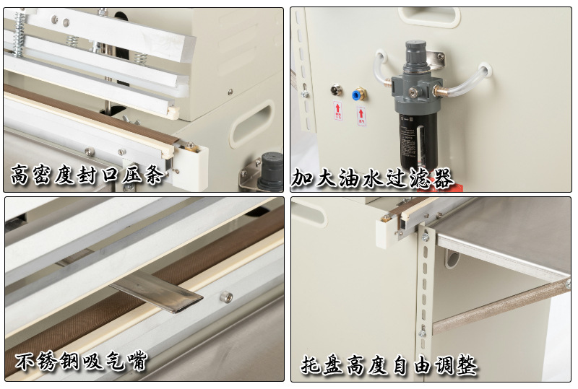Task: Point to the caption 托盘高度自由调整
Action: pos(389,364)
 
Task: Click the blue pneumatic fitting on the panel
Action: pos(358,94)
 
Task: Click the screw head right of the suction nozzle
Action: pos(225,297)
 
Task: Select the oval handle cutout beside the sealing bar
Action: pos(262,115)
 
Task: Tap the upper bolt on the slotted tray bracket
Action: pos(426,236)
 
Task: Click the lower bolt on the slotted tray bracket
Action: pos(423,333)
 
